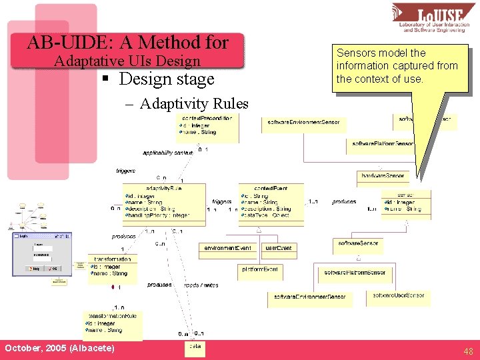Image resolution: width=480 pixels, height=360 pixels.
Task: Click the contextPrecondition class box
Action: point(206,127)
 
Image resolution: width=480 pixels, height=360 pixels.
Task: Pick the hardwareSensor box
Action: point(382,176)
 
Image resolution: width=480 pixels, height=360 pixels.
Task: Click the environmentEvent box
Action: point(227,248)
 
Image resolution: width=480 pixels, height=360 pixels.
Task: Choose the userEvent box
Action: point(278,248)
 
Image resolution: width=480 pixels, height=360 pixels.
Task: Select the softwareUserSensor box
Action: point(398,295)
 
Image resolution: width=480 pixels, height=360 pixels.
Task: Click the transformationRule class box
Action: point(112,323)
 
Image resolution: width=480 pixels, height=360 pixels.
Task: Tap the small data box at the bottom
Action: point(194,347)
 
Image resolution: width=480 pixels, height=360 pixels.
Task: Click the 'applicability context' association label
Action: point(167,153)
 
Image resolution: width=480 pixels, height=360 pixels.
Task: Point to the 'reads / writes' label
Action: point(201,285)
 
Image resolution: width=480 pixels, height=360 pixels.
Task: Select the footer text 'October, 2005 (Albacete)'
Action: point(59,349)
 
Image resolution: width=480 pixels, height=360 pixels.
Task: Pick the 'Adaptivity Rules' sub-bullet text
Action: point(194,104)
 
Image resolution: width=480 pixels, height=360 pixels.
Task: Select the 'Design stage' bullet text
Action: point(167,79)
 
